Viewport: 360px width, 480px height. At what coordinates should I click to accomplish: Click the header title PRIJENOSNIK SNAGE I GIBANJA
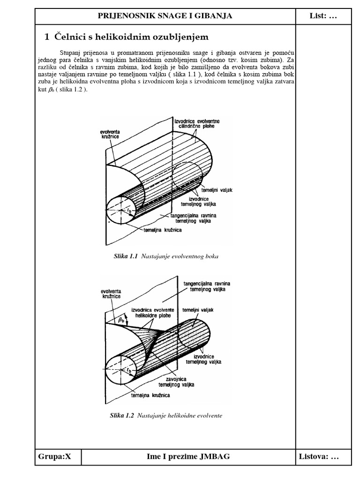[x=165, y=16]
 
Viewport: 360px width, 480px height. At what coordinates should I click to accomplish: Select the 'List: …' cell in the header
[x=323, y=16]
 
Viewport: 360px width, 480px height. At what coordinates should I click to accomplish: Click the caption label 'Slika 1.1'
[x=124, y=256]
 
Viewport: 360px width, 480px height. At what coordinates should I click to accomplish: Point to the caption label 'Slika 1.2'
[x=121, y=416]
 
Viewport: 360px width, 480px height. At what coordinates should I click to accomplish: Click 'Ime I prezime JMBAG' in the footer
[x=188, y=457]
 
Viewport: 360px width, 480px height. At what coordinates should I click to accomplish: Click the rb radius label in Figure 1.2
[x=128, y=370]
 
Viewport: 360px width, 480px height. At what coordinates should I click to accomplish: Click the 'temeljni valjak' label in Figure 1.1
[x=217, y=191]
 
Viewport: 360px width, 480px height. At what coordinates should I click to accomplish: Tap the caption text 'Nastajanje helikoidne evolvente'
[x=180, y=416]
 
